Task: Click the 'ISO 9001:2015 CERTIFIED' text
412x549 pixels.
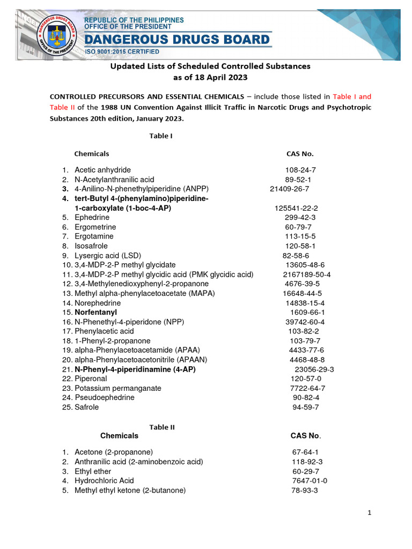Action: [121, 51]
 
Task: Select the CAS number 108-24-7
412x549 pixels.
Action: [300, 170]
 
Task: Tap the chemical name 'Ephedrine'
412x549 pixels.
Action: [92, 218]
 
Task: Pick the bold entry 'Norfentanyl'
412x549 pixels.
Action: [95, 312]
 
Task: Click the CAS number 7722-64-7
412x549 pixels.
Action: [307, 388]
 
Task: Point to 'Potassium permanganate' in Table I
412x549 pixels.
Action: [112, 388]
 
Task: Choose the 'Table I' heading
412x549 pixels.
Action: [160, 136]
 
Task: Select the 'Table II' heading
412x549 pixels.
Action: [162, 427]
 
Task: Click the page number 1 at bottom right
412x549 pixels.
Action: [370, 513]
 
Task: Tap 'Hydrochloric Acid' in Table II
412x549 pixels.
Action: [104, 481]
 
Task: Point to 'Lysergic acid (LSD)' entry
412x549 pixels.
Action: [108, 256]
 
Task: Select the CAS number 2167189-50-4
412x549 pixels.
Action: [307, 274]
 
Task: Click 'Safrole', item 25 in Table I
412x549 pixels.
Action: [86, 407]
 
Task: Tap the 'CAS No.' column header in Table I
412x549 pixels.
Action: [300, 154]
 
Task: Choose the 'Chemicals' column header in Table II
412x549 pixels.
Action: [119, 436]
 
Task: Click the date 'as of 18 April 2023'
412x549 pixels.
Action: [210, 77]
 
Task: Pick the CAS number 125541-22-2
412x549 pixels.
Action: [297, 208]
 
